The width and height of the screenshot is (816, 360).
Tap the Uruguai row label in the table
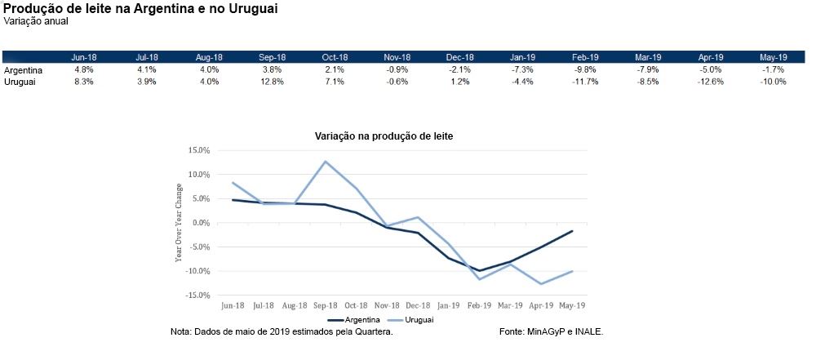(20, 82)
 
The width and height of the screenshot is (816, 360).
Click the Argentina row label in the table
(23, 70)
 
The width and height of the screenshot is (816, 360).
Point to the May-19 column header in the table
(773, 57)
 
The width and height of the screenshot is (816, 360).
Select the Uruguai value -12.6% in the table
(711, 82)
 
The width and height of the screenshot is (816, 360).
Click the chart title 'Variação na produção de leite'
(384, 136)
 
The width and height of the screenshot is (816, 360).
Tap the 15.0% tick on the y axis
(199, 151)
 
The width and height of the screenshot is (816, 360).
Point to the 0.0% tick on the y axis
(201, 223)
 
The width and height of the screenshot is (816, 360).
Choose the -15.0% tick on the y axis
(198, 296)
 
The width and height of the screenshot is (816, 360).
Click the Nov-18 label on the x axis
(388, 305)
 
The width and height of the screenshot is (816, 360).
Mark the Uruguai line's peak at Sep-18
(326, 161)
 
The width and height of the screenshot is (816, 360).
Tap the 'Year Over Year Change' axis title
(179, 222)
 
